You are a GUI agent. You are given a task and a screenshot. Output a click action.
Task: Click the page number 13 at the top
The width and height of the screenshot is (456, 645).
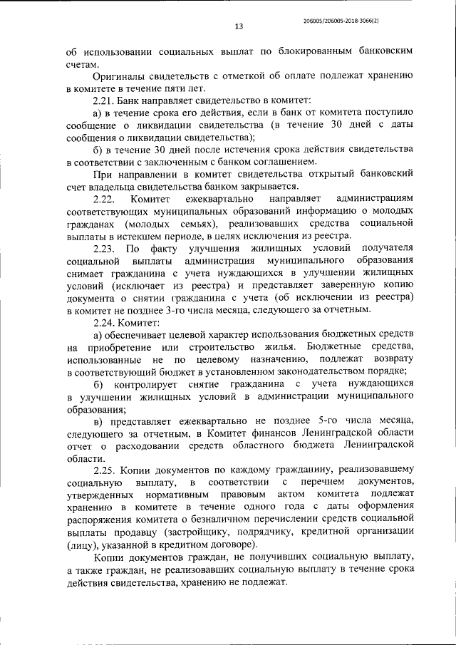[x=239, y=26]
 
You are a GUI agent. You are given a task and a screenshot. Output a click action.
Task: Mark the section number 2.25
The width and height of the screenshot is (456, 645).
[x=106, y=471]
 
